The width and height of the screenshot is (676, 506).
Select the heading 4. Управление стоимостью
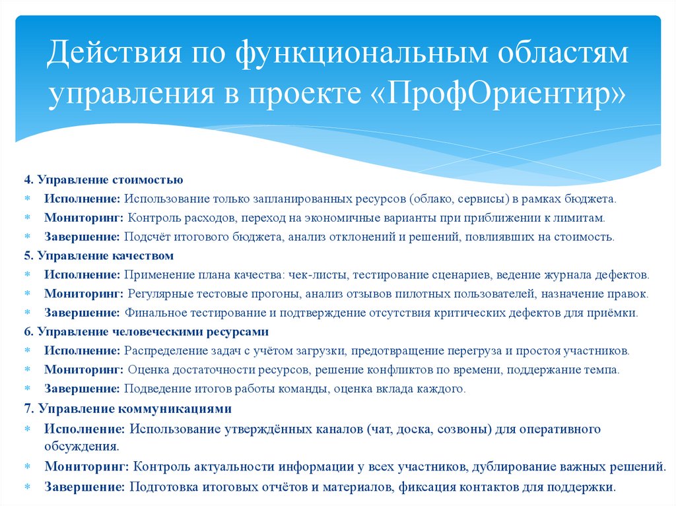coord(104,179)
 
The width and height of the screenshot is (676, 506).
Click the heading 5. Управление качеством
coord(99,255)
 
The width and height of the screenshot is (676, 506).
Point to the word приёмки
coord(615,313)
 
